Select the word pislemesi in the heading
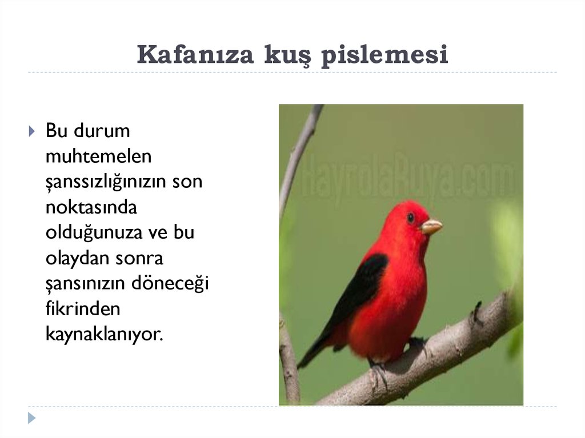384,55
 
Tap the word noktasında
91,207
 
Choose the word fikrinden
83,309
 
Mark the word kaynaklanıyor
104,335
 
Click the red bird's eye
410,217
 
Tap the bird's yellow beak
431,227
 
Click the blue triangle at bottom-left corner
31,418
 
